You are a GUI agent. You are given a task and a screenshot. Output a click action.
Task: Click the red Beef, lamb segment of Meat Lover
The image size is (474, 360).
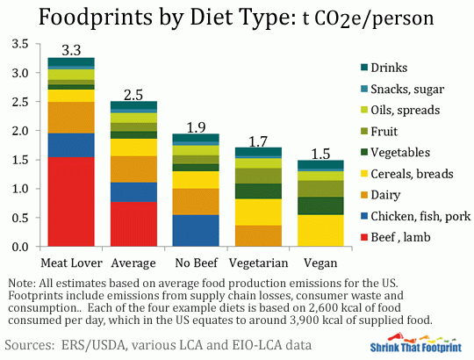tap(71, 202)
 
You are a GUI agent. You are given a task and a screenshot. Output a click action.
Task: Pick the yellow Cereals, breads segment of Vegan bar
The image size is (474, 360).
tap(320, 230)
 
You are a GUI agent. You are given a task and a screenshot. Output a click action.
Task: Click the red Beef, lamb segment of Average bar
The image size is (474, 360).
tap(133, 224)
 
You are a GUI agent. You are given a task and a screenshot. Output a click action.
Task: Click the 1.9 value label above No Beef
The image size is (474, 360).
tap(196, 126)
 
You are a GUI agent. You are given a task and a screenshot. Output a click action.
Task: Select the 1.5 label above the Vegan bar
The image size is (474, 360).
tap(320, 151)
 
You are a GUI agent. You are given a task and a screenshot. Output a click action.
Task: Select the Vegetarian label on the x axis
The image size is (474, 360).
tap(258, 263)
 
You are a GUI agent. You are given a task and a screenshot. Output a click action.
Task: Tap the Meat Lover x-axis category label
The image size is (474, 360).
tap(71, 263)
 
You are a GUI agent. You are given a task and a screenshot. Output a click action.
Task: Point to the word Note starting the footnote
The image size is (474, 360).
tap(20, 283)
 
